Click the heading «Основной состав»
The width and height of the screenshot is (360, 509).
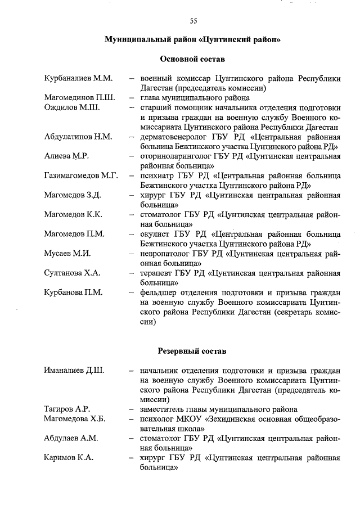[192, 58]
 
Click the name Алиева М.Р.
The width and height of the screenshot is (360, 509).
[66, 156]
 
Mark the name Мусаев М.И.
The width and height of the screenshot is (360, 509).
[67, 254]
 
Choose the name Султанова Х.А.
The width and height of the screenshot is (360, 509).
[72, 273]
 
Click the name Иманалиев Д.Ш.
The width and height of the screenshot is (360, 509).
[75, 371]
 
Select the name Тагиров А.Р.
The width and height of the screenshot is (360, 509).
[67, 409]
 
